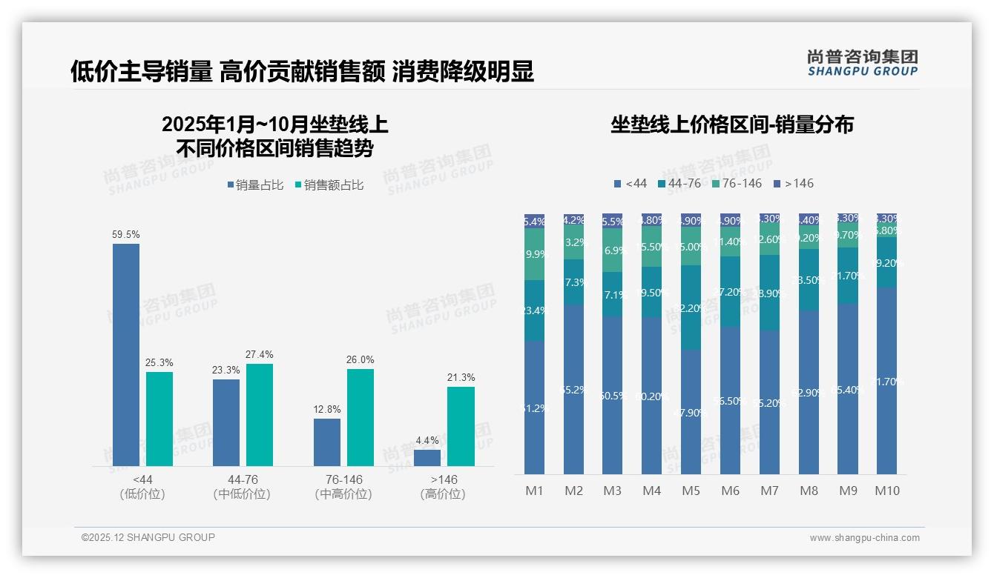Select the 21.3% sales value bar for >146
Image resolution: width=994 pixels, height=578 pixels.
pyautogui.click(x=461, y=426)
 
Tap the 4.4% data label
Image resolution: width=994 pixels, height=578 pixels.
pyautogui.click(x=427, y=440)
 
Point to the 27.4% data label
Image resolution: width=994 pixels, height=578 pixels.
pyautogui.click(x=259, y=354)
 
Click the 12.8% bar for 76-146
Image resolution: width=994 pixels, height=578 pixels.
pyautogui.click(x=326, y=442)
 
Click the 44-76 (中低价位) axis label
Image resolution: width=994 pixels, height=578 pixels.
pyautogui.click(x=242, y=487)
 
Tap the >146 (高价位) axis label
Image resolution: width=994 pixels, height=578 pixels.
pyautogui.click(x=443, y=487)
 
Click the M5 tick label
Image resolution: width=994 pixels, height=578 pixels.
pyautogui.click(x=691, y=491)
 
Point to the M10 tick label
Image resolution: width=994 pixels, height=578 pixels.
pyautogui.click(x=887, y=491)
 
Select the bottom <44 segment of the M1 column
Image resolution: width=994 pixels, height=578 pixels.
pyautogui.click(x=534, y=408)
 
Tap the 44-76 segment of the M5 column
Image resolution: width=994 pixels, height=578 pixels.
pyautogui.click(x=691, y=308)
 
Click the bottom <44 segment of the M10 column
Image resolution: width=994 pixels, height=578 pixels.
pyautogui.click(x=887, y=381)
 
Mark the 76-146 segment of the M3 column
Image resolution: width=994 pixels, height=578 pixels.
pyautogui.click(x=612, y=250)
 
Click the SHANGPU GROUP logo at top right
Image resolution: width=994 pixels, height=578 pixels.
pyautogui.click(x=862, y=63)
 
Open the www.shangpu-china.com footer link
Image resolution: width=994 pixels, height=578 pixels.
pyautogui.click(x=864, y=538)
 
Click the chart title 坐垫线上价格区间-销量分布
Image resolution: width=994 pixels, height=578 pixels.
pyautogui.click(x=731, y=124)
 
